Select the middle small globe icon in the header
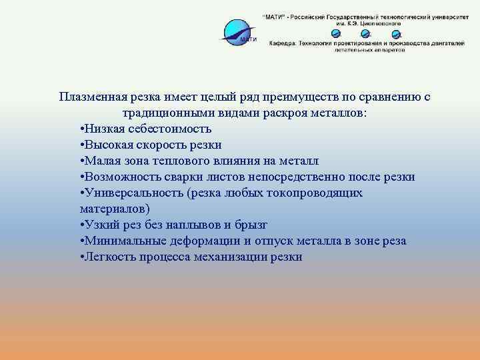(x=365, y=34)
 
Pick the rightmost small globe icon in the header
(x=396, y=34)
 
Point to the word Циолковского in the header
(x=379, y=23)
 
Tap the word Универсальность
(x=133, y=193)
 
